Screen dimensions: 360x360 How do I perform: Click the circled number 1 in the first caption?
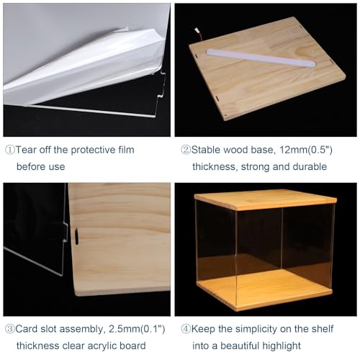point(10,150)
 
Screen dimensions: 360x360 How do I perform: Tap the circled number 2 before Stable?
point(186,150)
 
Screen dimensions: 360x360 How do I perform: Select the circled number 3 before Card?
point(10,329)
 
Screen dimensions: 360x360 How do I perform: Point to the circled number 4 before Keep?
point(186,329)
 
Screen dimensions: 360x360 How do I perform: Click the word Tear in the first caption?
point(26,150)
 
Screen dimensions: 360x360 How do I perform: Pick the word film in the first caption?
point(126,150)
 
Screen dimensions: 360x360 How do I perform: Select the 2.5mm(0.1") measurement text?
point(137,329)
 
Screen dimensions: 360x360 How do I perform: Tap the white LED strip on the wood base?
point(261,58)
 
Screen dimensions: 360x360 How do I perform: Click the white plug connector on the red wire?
point(197,30)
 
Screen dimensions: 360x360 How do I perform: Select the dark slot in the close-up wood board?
point(76,236)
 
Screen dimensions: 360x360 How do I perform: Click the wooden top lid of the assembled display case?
point(266,199)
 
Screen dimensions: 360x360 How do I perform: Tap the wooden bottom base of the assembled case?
point(264,290)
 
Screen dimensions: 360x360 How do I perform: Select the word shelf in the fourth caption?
point(323,329)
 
